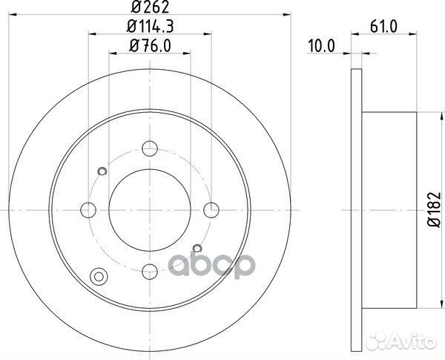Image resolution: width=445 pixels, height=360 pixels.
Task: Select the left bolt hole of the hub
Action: pos(88,209)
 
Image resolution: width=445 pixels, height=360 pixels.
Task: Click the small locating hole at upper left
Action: pos(102,172)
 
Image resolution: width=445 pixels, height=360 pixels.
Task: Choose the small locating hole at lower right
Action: pos(197,247)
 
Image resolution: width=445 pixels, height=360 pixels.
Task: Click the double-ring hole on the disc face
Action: pos(96,279)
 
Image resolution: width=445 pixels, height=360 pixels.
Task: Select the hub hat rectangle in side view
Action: pos(389,209)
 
